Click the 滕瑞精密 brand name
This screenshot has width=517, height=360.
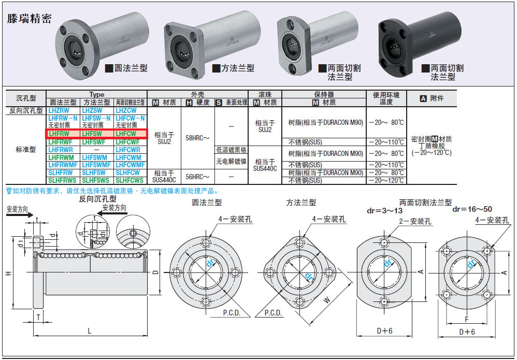(x=29, y=19)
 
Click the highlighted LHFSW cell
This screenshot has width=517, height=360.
(x=96, y=134)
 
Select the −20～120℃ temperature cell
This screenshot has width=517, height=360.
(x=386, y=180)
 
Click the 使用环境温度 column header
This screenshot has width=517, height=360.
(x=386, y=98)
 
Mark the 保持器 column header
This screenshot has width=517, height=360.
(x=324, y=95)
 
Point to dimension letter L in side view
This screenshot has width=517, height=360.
(x=89, y=330)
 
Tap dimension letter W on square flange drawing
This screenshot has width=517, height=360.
(x=327, y=299)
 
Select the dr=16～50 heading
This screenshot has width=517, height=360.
(x=472, y=209)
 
